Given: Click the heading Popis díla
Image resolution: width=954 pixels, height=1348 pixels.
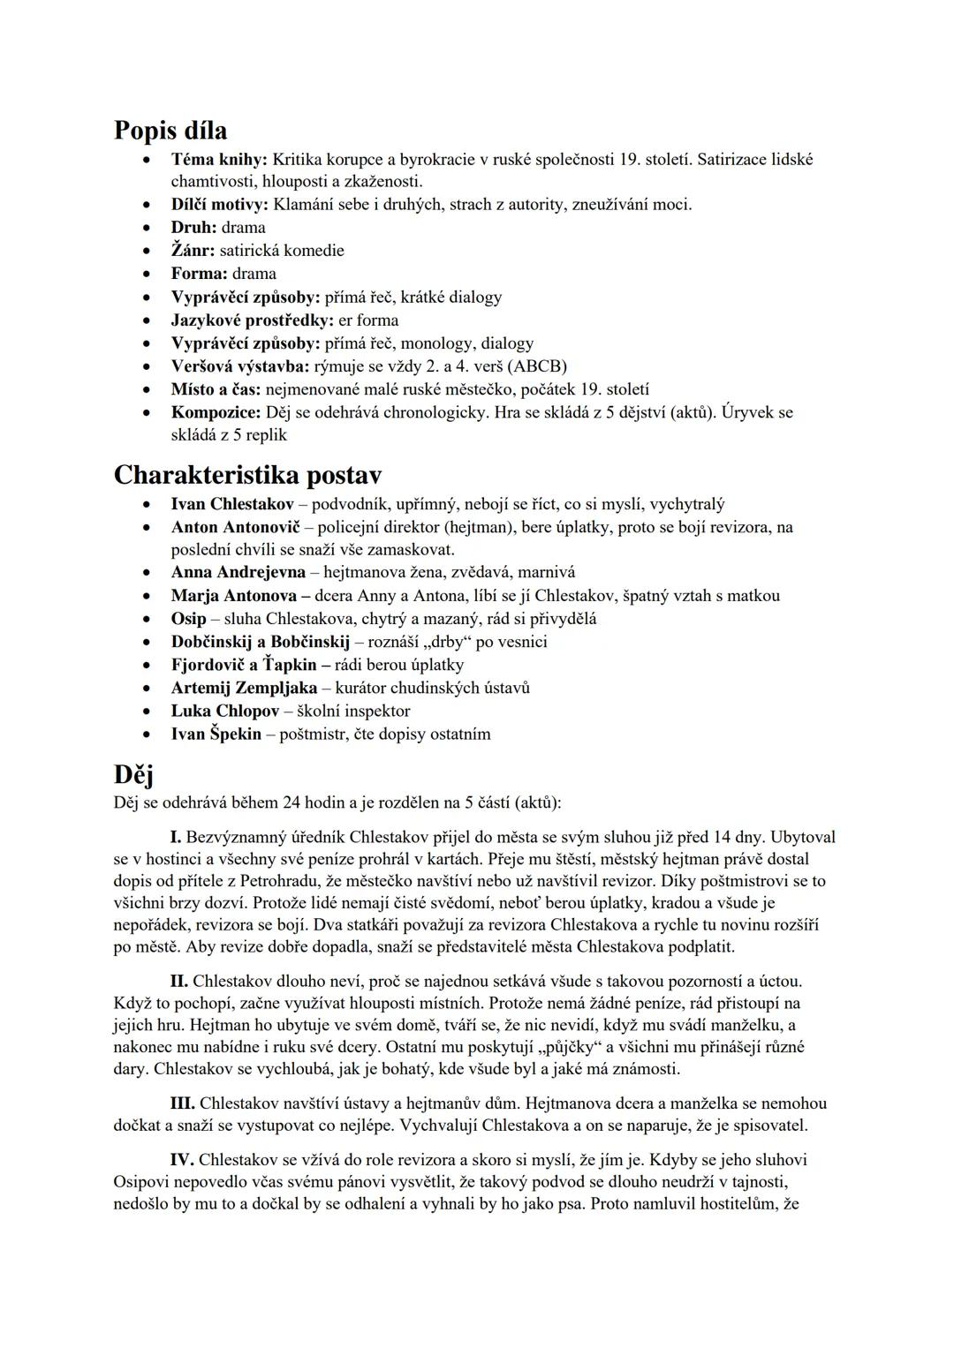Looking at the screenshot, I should click(170, 131).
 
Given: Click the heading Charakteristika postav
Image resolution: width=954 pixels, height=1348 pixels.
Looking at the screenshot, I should click(247, 475).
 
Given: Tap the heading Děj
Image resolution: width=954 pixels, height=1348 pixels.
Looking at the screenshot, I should click(133, 774).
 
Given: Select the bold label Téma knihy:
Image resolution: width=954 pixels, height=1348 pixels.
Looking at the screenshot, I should click(219, 160).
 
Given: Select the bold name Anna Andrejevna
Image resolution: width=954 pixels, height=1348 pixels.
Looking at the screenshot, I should click(238, 572).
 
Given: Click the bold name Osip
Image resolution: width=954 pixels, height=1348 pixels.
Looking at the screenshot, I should click(188, 618).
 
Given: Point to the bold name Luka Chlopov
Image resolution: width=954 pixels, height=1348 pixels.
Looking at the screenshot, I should click(225, 711).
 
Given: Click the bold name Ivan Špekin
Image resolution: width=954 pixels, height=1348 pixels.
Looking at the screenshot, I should click(216, 734).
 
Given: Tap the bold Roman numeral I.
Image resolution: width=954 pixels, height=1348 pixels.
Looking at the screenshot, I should click(176, 837).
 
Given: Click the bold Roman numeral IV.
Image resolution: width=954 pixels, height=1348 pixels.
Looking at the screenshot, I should click(181, 1160).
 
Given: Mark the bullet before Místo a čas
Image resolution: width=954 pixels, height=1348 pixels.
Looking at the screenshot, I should click(147, 389).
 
